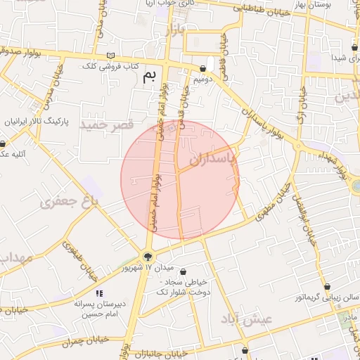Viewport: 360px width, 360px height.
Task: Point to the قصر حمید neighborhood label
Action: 107,125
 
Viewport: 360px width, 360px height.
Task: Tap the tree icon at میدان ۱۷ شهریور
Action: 148,257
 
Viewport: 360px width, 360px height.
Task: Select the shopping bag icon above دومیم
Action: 203,68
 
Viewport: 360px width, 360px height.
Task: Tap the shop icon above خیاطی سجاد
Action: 184,272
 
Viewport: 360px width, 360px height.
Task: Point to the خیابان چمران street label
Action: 84,340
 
